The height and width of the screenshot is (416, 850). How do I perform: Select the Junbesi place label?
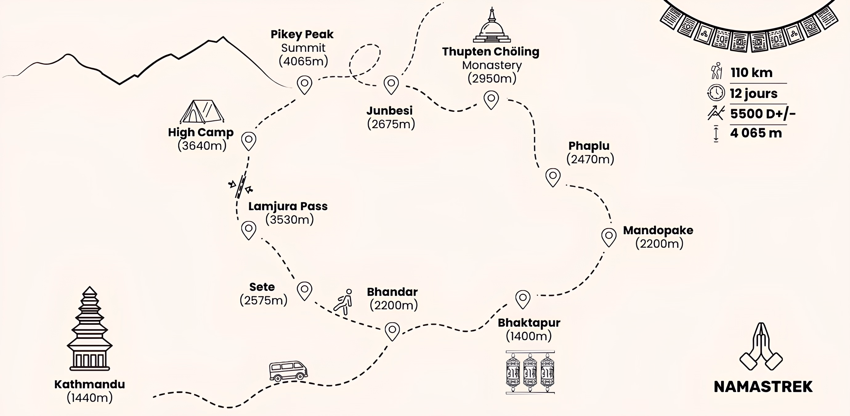click(x=389, y=111)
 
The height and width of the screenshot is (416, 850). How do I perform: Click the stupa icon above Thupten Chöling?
click(x=491, y=26)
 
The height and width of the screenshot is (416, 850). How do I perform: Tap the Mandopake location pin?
click(x=609, y=236)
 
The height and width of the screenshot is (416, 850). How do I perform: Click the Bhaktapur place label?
click(x=529, y=323)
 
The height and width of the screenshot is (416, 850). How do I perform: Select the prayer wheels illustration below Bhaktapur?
click(x=530, y=372)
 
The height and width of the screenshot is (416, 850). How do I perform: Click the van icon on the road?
click(x=288, y=371)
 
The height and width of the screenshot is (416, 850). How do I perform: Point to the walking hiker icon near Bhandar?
click(x=343, y=302)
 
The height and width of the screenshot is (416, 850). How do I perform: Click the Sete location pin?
click(x=304, y=290)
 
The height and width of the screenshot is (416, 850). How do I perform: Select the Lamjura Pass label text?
click(x=288, y=206)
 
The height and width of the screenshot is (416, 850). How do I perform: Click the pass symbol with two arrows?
click(x=241, y=187)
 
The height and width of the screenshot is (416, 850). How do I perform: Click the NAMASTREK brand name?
click(x=763, y=387)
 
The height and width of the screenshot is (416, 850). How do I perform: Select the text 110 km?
click(x=751, y=73)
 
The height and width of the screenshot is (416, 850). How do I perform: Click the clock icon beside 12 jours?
click(x=716, y=93)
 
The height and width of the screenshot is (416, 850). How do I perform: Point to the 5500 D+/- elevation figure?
click(x=763, y=114)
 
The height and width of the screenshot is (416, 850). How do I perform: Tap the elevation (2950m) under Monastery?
click(x=492, y=79)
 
